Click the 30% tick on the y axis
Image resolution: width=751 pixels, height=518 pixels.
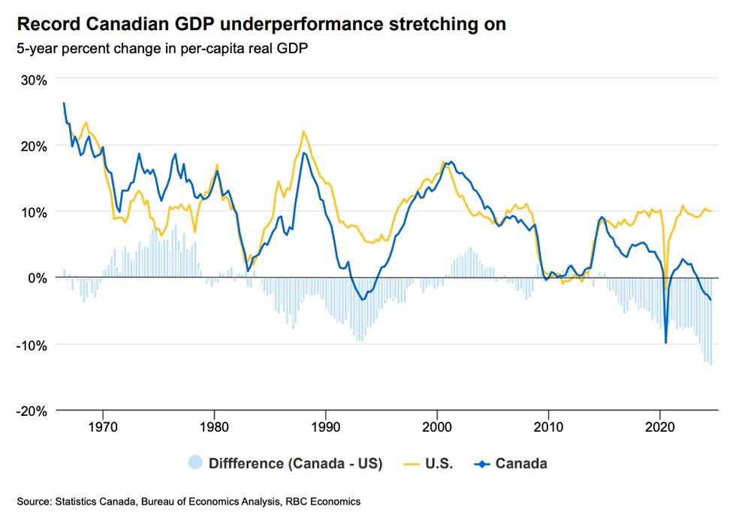tap(35, 79)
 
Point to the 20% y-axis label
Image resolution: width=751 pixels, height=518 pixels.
tap(35, 146)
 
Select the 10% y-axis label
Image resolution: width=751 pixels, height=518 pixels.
tap(35, 212)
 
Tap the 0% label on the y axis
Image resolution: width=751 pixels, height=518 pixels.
tap(38, 278)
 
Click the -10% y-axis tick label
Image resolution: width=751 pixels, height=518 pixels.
tap(32, 345)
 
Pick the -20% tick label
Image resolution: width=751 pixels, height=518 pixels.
tap(32, 411)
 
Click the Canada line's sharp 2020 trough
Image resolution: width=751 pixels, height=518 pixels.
tap(665, 343)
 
